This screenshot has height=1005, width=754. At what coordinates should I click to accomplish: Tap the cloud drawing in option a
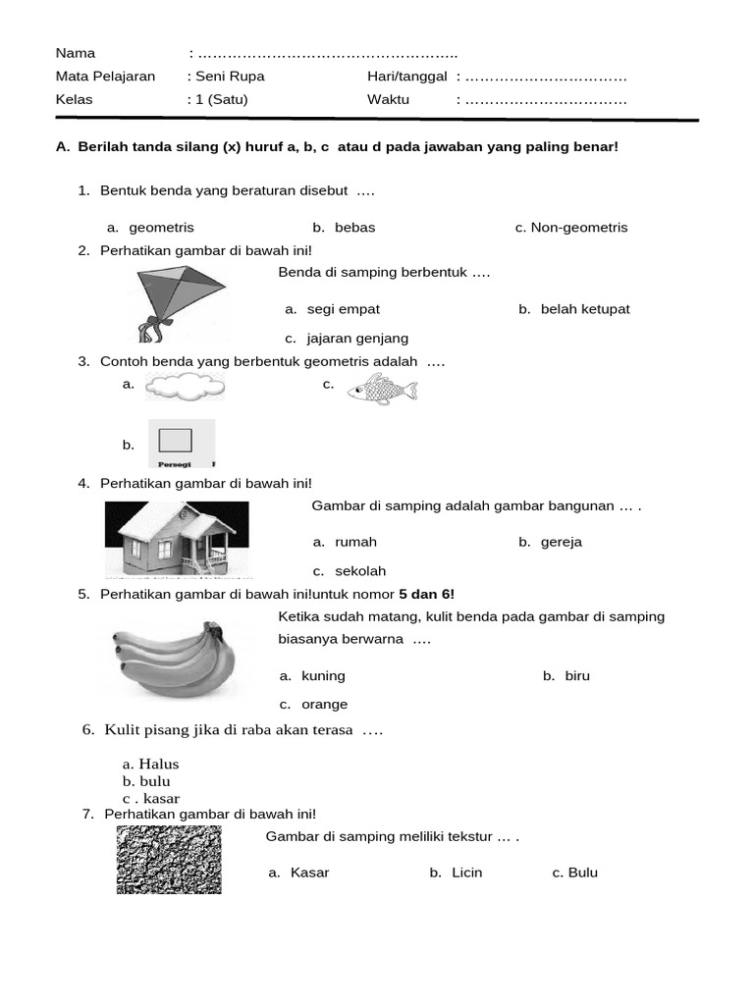[x=185, y=387]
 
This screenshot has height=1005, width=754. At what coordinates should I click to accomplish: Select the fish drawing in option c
[x=382, y=390]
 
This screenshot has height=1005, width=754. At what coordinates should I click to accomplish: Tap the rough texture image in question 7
[x=169, y=859]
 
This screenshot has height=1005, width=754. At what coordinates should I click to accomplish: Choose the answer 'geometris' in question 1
[x=161, y=228]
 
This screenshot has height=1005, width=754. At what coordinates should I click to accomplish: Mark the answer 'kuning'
[x=323, y=676]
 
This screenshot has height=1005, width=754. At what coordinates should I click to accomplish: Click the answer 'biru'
[x=577, y=676]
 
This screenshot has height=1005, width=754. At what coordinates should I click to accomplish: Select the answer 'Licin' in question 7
[x=466, y=873]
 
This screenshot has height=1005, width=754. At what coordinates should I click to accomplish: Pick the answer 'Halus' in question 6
[x=158, y=764]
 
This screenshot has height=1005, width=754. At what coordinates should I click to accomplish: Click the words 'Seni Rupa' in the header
[x=231, y=77]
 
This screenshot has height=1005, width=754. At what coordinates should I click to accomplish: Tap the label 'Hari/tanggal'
[x=407, y=77]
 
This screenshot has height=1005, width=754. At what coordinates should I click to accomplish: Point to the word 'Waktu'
[x=388, y=100]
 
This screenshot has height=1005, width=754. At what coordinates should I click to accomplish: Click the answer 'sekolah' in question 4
[x=360, y=571]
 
